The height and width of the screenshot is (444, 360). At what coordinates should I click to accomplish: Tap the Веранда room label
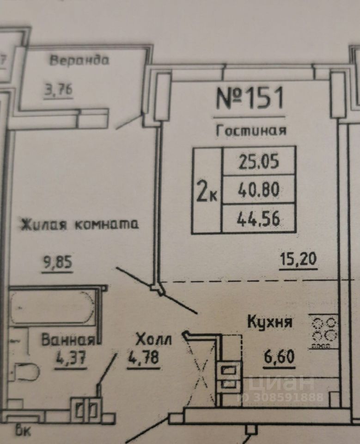[x=79, y=61]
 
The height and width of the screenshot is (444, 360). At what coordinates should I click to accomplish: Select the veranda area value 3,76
[x=58, y=90]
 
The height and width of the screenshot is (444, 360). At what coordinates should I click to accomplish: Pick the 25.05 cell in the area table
[x=259, y=160]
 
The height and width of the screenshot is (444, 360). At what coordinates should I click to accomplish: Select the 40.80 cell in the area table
[x=259, y=189]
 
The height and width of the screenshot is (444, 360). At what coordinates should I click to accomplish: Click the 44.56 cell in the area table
[x=259, y=217]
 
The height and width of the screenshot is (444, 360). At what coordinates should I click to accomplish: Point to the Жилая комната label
[x=79, y=225]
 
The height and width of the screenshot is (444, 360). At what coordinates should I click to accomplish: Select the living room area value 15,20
[x=298, y=259]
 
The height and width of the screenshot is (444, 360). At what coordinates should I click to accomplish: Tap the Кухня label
[x=269, y=322]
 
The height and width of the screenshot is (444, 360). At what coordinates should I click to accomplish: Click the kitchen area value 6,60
[x=279, y=358]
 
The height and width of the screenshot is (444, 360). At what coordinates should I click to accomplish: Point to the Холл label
[x=153, y=341]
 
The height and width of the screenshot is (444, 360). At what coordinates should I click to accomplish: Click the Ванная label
[x=68, y=341]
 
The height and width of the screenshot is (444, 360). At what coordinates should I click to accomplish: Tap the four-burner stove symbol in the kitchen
[x=324, y=331]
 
